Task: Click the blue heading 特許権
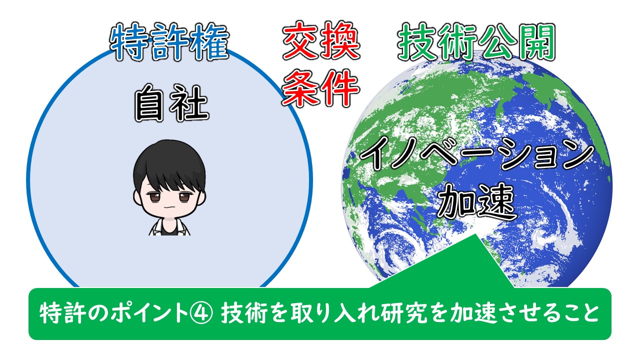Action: pyautogui.click(x=169, y=42)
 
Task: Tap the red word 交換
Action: pyautogui.click(x=321, y=40)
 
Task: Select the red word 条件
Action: pyautogui.click(x=320, y=87)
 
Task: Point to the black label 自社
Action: pyautogui.click(x=171, y=103)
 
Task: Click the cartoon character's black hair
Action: pyautogui.click(x=169, y=163)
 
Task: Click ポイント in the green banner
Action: pyautogui.click(x=149, y=313)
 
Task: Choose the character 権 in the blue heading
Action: pyautogui.click(x=210, y=42)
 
